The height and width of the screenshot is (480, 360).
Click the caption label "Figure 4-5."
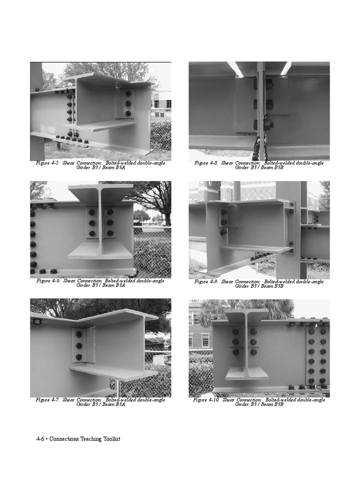[48, 163]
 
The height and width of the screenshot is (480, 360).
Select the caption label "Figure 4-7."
[48, 400]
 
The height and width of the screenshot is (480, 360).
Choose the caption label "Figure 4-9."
[206, 282]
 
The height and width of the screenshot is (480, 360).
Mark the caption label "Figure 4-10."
[206, 400]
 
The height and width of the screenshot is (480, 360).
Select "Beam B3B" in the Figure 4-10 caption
[272, 404]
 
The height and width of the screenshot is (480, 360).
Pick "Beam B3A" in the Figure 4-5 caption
[114, 167]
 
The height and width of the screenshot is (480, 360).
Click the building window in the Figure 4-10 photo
[205, 340]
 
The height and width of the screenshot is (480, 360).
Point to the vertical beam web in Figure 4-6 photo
[100, 220]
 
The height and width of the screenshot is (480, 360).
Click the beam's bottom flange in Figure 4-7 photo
[112, 373]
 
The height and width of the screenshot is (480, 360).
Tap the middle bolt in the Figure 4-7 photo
[79, 345]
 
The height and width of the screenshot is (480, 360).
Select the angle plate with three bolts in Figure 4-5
[127, 105]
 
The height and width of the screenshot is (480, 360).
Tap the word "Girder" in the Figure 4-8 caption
[242, 167]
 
